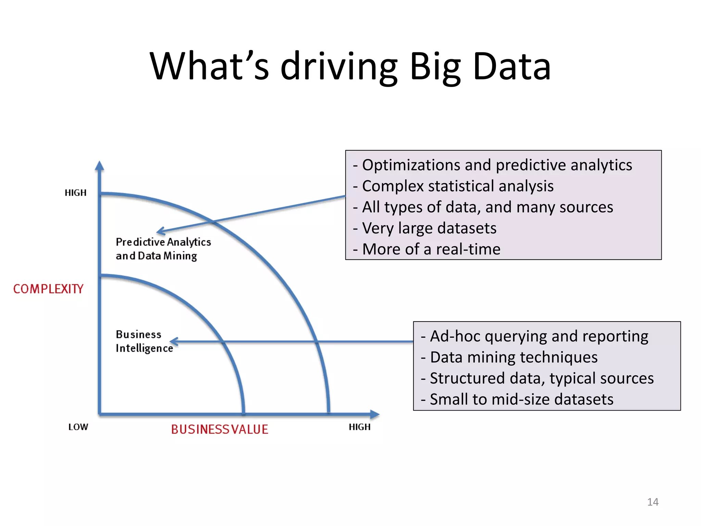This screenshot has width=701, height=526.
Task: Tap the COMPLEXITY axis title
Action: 48,289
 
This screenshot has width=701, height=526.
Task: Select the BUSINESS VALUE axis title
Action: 219,429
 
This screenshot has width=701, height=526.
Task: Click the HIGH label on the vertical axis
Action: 76,193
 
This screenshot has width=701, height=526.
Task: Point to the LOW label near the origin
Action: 78,427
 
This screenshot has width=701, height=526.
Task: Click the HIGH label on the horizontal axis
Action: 359,427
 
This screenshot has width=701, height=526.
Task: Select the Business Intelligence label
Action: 144,341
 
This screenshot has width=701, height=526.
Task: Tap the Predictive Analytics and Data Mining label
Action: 163,249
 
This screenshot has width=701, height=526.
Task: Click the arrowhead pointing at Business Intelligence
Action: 174,341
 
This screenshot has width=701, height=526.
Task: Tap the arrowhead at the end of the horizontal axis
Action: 375,414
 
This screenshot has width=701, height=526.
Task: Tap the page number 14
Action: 652,502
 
